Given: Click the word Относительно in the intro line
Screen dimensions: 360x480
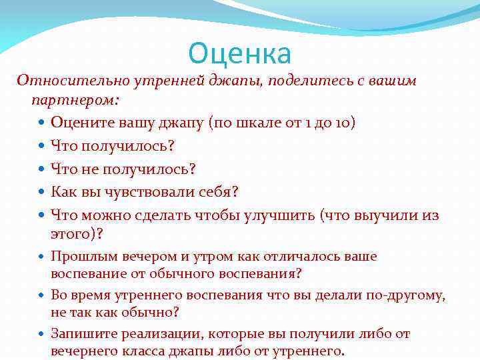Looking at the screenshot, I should pyautogui.click(x=61, y=81).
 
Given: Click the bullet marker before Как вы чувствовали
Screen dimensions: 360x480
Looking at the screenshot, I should pyautogui.click(x=42, y=193).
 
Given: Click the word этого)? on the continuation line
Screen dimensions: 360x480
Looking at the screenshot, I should pyautogui.click(x=77, y=234).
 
